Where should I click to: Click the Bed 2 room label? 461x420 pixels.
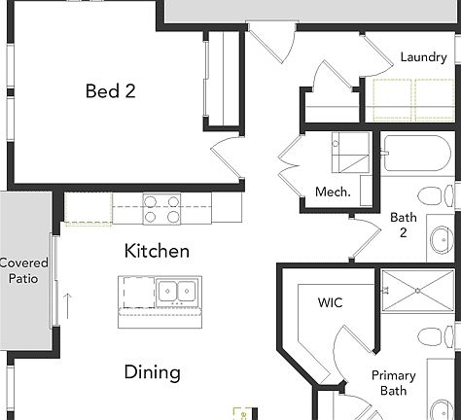[110, 91]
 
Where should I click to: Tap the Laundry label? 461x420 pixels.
[423, 57]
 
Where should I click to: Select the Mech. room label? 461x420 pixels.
[332, 192]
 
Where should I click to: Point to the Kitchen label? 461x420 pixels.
[157, 251]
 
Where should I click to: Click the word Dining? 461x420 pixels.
[152, 371]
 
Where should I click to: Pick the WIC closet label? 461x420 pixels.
[330, 302]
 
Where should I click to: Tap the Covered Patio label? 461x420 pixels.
[22, 270]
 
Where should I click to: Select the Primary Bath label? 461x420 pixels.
[393, 383]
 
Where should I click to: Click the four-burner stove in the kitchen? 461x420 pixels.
[162, 208]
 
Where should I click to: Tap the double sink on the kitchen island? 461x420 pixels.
[177, 291]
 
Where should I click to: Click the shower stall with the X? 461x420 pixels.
[416, 291]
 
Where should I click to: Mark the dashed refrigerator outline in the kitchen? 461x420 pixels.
[89, 209]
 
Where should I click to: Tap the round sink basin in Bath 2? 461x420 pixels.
[440, 237]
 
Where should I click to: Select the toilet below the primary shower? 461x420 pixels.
[433, 337]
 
